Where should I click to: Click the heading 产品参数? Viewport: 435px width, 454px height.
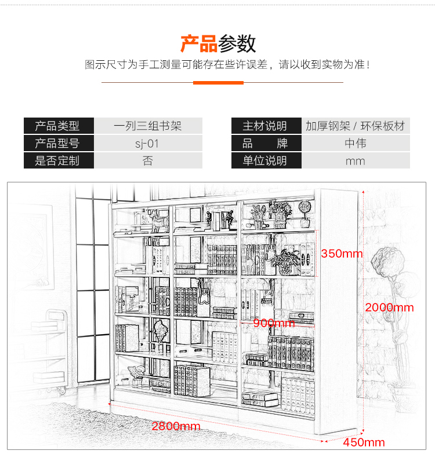click(x=217, y=44)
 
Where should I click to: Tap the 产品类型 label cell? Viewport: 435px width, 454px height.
click(x=59, y=126)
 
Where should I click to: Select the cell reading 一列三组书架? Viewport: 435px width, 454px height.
click(x=148, y=126)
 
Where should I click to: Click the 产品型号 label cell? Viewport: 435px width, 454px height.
click(x=59, y=144)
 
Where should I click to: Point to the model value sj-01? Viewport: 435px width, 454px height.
click(x=148, y=144)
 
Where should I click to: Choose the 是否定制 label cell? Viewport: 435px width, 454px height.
click(x=59, y=161)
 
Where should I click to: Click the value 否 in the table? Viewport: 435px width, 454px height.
click(x=148, y=161)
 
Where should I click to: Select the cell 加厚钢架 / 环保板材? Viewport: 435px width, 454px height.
click(x=355, y=126)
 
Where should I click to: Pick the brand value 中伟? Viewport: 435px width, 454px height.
click(x=355, y=144)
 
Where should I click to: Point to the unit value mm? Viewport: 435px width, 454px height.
click(x=355, y=161)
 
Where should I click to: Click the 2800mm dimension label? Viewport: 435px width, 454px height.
click(x=176, y=426)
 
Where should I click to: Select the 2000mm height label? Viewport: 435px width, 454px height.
click(x=389, y=307)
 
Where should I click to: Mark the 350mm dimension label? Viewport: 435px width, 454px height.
click(x=342, y=254)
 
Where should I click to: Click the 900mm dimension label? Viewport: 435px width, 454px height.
click(x=274, y=323)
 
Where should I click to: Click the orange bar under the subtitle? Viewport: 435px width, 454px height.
click(x=218, y=82)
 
